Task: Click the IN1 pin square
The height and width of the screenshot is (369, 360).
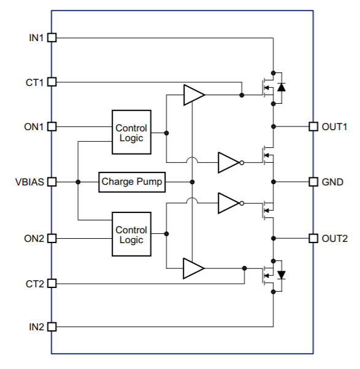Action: pyautogui.click(x=52, y=37)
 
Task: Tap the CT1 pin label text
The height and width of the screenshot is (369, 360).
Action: pyautogui.click(x=34, y=83)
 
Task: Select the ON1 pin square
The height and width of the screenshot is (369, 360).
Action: pyautogui.click(x=52, y=126)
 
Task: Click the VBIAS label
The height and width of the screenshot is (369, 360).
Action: pyautogui.click(x=29, y=182)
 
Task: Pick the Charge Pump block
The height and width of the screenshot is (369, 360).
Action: pyautogui.click(x=132, y=182)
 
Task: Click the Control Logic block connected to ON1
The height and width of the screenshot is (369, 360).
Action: pyautogui.click(x=131, y=132)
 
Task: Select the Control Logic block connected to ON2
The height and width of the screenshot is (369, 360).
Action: pyautogui.click(x=131, y=234)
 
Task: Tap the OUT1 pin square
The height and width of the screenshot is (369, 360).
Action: pyautogui.click(x=313, y=126)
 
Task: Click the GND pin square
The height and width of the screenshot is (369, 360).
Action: pyautogui.click(x=313, y=182)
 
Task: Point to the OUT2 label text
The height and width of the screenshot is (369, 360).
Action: pyautogui.click(x=335, y=239)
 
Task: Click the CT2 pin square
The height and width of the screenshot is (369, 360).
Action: pyautogui.click(x=52, y=284)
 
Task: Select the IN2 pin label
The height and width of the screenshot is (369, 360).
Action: pyautogui.click(x=36, y=327)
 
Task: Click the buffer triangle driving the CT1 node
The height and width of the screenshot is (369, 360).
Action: pyautogui.click(x=194, y=95)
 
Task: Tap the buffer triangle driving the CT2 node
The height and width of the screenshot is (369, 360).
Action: pyautogui.click(x=194, y=268)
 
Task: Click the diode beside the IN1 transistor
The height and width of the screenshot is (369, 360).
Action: pyautogui.click(x=281, y=87)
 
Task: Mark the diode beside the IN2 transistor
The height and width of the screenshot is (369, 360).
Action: pyautogui.click(x=281, y=275)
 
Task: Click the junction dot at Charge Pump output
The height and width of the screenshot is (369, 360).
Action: pyautogui.click(x=192, y=182)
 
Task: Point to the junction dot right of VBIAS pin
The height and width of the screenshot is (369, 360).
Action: pyautogui.click(x=78, y=182)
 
